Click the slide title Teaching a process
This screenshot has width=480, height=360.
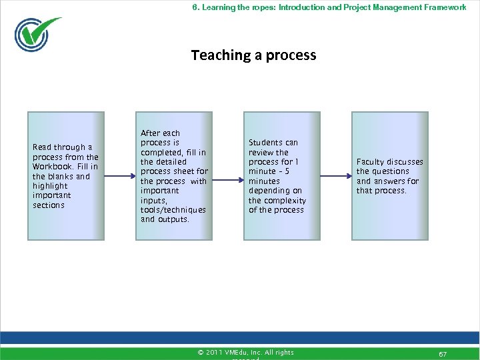(253, 55)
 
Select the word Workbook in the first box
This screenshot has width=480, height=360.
(53, 167)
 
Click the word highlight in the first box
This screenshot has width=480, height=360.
(50, 186)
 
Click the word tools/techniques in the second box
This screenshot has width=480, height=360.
(173, 210)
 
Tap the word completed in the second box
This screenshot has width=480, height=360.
(162, 152)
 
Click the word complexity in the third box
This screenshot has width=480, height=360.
(285, 201)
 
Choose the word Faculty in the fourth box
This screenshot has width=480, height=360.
(370, 162)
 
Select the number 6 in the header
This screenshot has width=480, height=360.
(195, 7)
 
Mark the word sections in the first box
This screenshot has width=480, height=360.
(49, 205)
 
